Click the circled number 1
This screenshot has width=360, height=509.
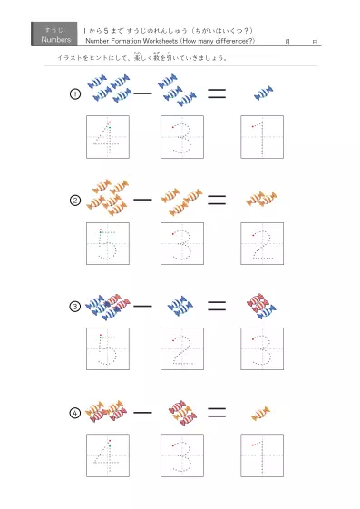[75, 93]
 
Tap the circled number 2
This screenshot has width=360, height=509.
[75, 200]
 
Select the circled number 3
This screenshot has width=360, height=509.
[75, 306]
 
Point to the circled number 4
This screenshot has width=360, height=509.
[75, 412]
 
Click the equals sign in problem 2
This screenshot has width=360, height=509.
[216, 199]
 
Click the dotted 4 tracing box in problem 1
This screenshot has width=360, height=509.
[107, 137]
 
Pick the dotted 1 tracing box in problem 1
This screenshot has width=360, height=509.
[262, 137]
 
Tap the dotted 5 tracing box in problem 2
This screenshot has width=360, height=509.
[107, 243]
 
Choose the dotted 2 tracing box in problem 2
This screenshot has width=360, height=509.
[262, 243]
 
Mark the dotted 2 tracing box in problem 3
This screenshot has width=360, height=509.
[182, 349]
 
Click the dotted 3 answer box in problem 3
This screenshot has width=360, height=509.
[262, 349]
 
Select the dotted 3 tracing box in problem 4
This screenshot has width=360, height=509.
[182, 455]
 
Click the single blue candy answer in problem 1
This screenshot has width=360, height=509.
[263, 93]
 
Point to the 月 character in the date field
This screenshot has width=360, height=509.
[287, 42]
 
